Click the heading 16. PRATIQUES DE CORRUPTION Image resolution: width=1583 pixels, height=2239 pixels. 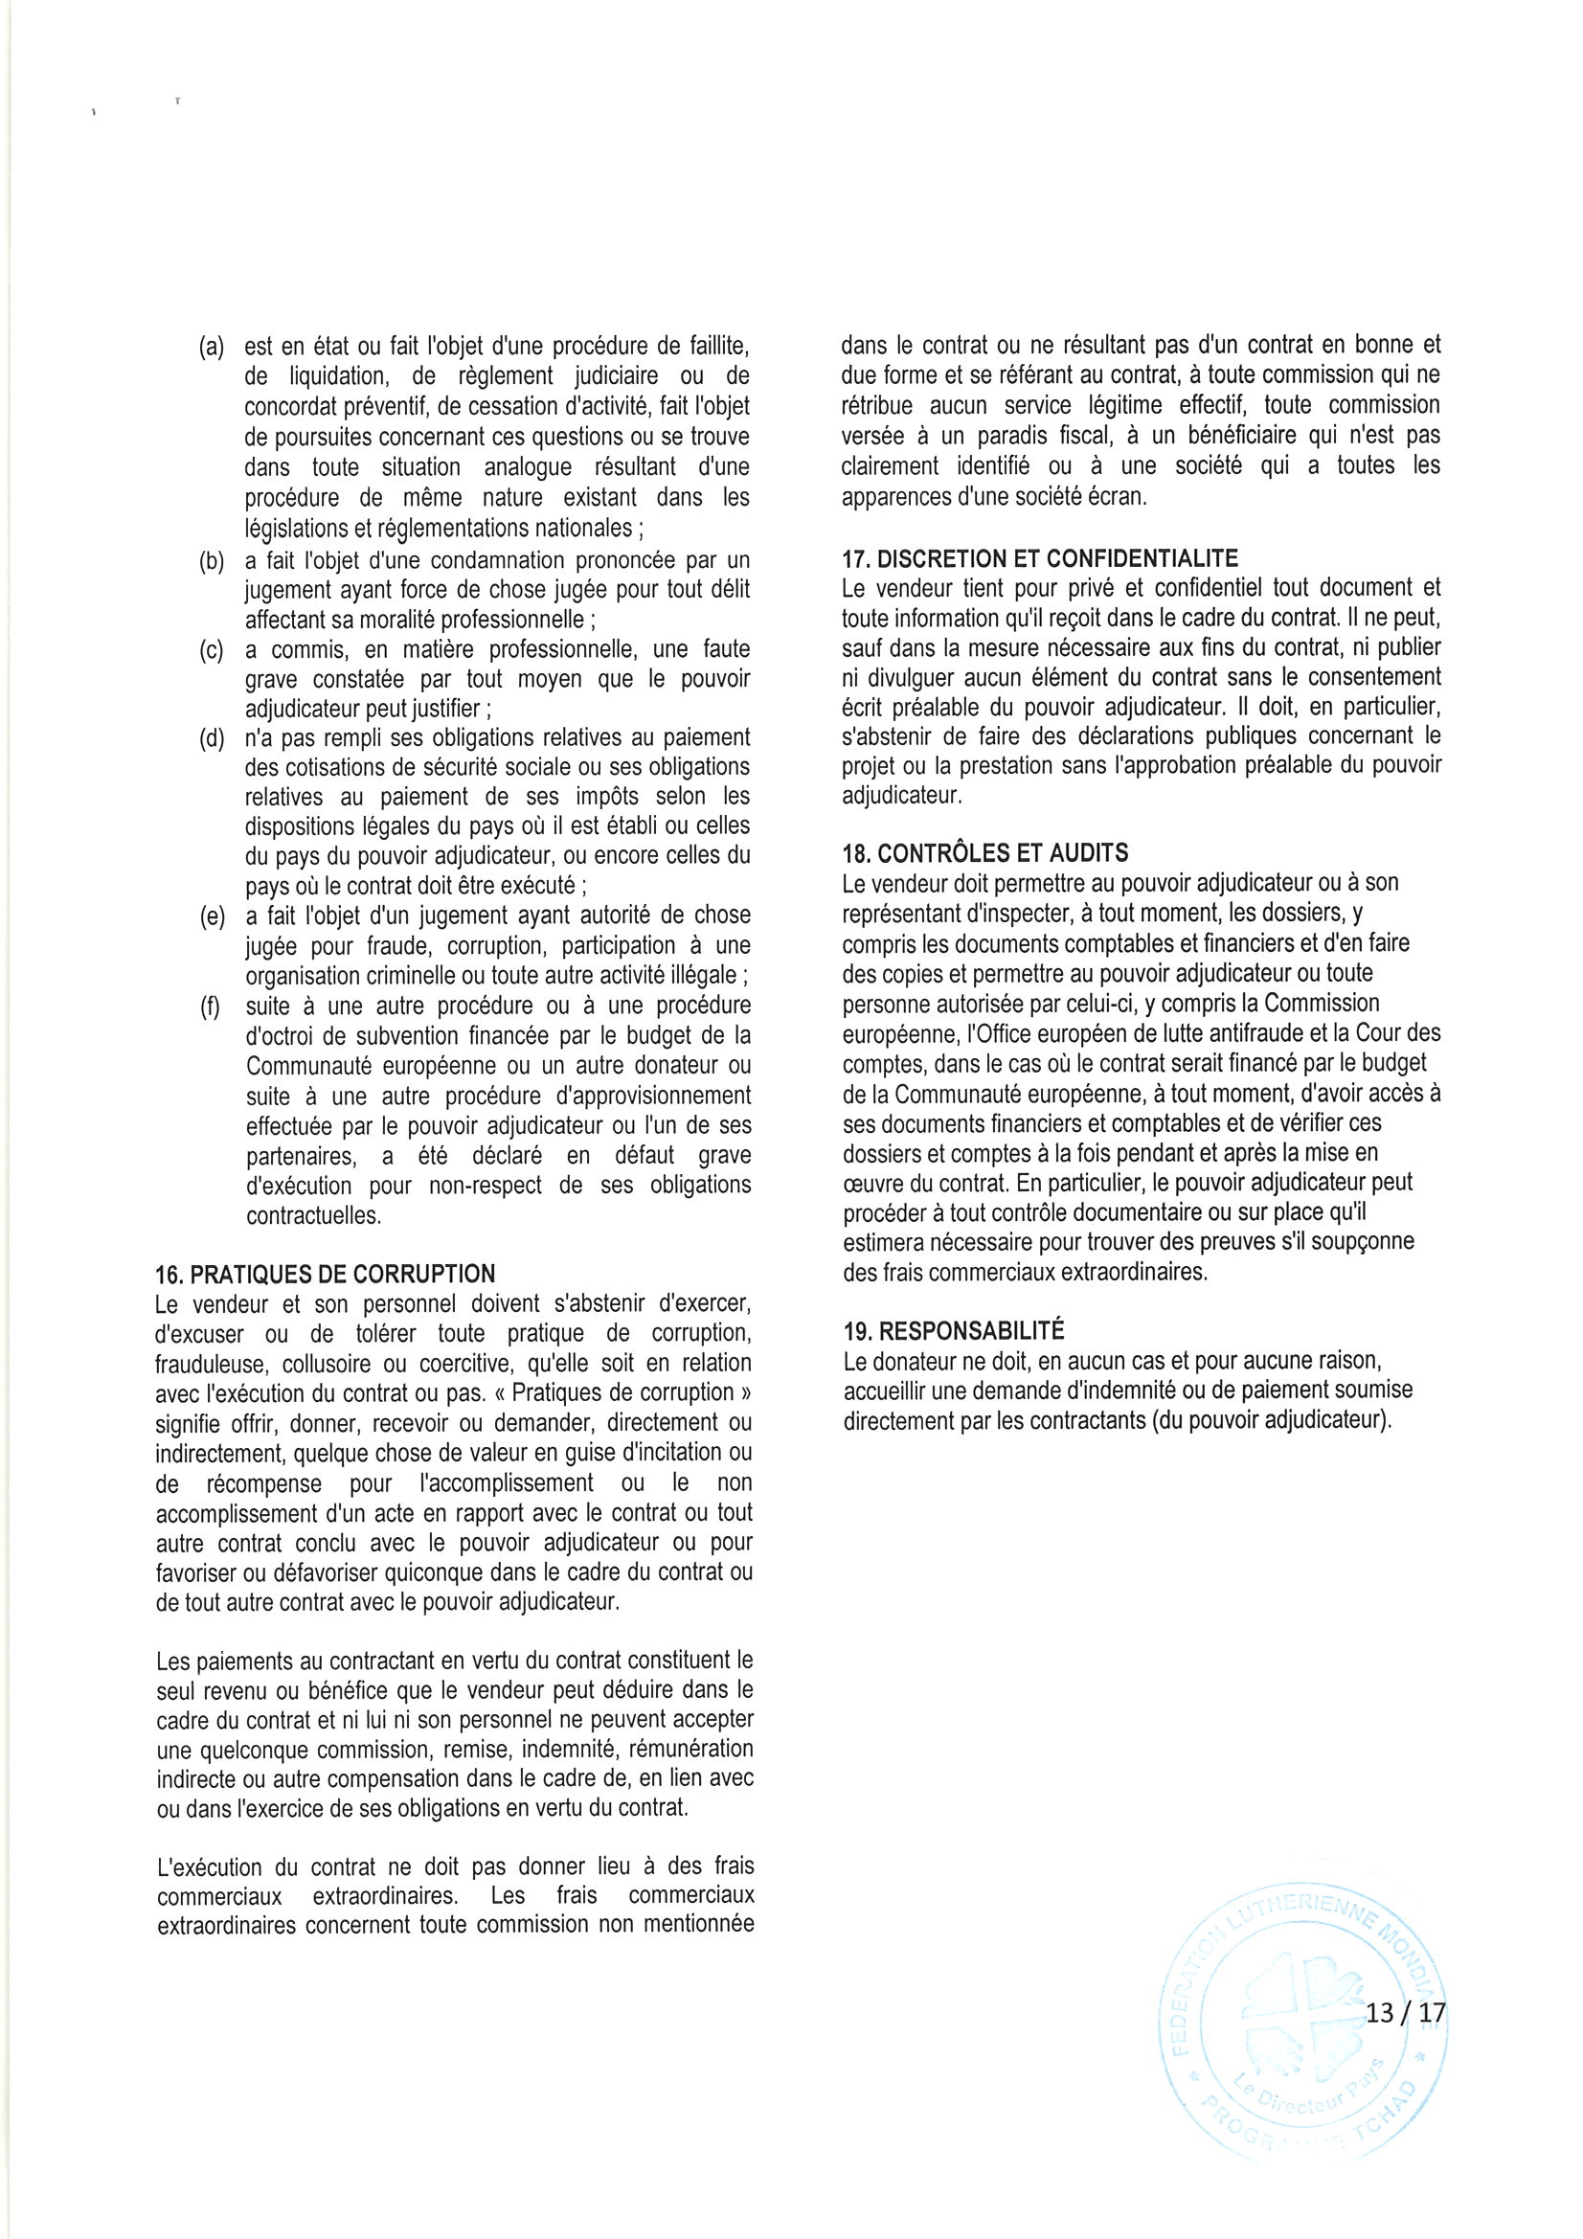click(325, 1274)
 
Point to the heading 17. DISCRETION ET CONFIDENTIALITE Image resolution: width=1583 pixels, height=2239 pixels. click(1040, 558)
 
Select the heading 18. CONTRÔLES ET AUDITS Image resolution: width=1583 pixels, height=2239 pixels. click(985, 853)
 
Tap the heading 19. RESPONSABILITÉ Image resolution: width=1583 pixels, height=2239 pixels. click(954, 1331)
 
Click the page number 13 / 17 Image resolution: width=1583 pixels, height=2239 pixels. click(1405, 2013)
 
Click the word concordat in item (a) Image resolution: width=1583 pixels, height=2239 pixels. click(292, 407)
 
